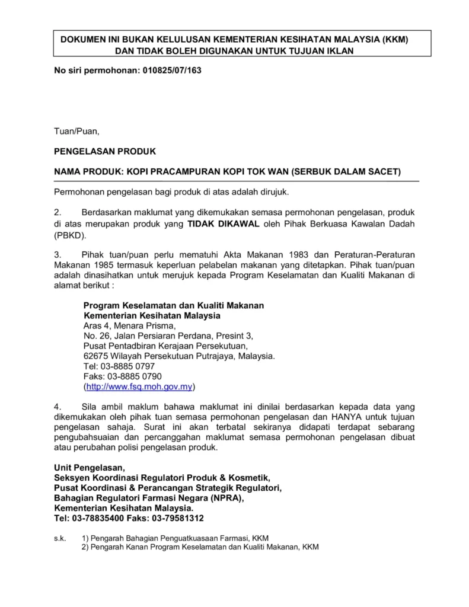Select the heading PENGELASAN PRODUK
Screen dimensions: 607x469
(105, 152)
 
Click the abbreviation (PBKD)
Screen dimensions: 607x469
(70, 235)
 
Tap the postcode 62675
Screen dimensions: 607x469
(97, 356)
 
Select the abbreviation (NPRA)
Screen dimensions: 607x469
(223, 498)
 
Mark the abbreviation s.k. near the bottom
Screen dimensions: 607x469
(60, 538)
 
